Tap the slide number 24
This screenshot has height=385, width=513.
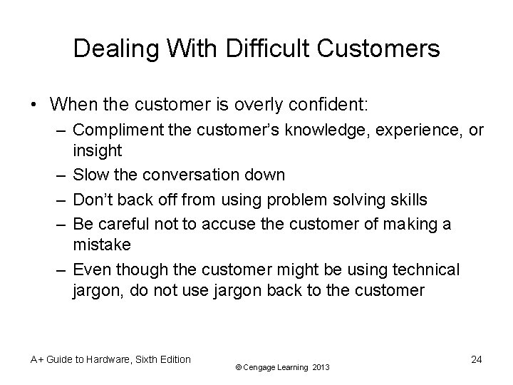[476, 359]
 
